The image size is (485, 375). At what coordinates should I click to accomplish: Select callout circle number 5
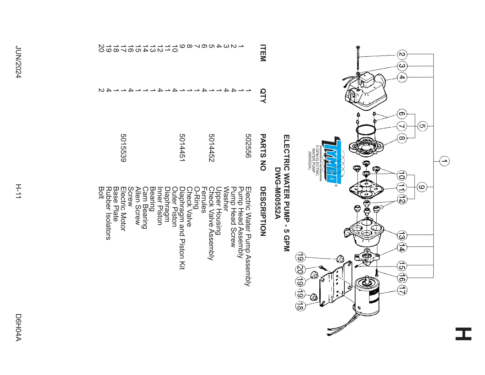[x=422, y=126]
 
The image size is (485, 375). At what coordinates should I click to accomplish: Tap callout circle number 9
[x=422, y=187]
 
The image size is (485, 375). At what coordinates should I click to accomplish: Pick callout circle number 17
[x=402, y=290]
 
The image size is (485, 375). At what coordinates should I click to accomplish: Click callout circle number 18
[x=300, y=306]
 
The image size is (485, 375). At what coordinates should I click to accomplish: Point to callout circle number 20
[x=300, y=270]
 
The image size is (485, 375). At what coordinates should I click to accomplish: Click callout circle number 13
[x=402, y=235]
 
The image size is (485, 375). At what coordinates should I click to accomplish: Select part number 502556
[x=248, y=146]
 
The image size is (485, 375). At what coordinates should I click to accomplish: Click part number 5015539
[x=123, y=148]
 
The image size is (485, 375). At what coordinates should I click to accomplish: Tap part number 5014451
[x=182, y=148]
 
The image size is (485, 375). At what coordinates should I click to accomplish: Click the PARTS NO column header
[x=263, y=152]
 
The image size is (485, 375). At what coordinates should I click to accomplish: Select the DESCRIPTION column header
[x=263, y=211]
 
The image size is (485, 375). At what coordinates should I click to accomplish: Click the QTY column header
[x=263, y=96]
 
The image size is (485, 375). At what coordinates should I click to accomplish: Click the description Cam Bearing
[x=145, y=208]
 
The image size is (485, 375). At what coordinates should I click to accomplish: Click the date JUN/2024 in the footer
[x=18, y=62]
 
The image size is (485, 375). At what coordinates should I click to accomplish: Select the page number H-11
[x=18, y=191]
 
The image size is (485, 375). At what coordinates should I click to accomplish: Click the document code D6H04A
[x=18, y=327]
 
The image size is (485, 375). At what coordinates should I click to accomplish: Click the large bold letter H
[x=463, y=334]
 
